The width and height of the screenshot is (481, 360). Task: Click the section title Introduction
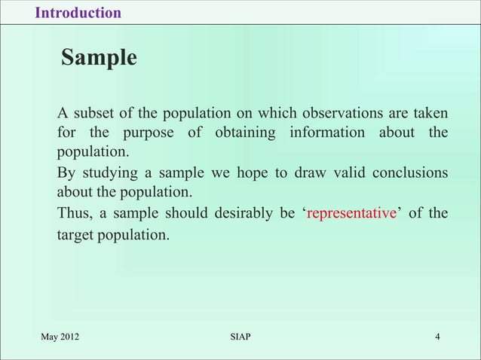(x=78, y=13)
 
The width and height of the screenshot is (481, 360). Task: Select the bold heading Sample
(x=99, y=58)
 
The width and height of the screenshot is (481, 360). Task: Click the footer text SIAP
(x=240, y=336)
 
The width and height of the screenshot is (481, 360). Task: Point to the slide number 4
(x=437, y=336)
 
